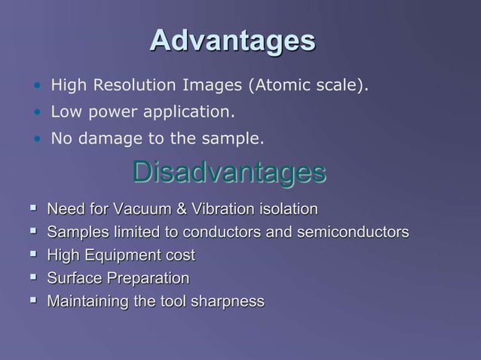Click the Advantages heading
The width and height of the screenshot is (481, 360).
232,41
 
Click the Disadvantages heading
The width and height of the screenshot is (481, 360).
229,172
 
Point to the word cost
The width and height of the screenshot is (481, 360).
181,255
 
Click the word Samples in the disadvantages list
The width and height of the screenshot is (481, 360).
74,232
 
